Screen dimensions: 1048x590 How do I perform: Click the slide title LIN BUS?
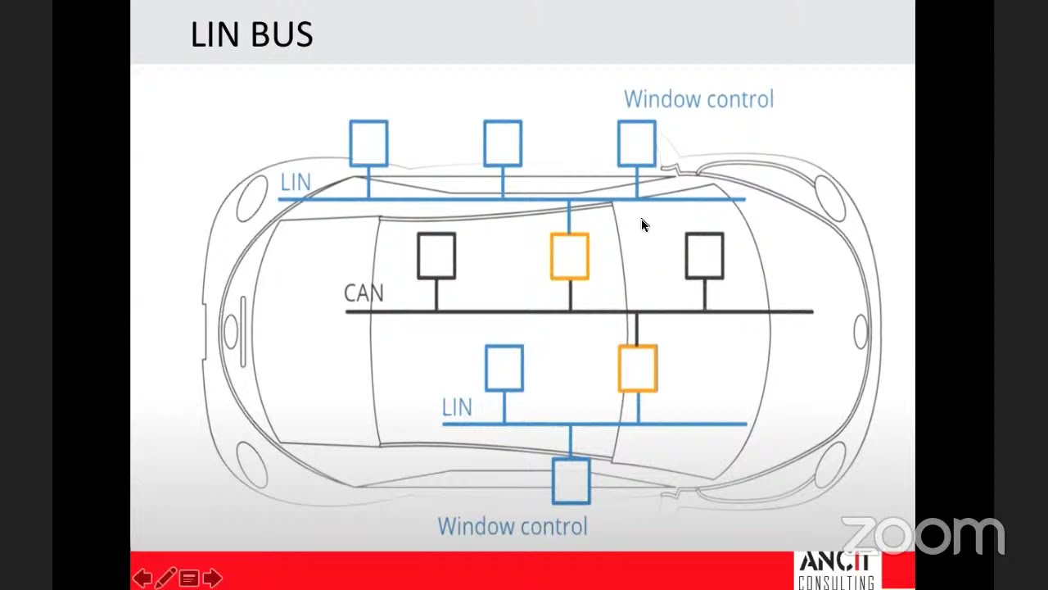pyautogui.click(x=251, y=34)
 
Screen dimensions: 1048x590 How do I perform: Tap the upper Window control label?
pyautogui.click(x=699, y=99)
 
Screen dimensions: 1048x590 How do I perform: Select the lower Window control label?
pyautogui.click(x=513, y=526)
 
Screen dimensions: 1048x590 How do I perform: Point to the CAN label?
pyautogui.click(x=364, y=293)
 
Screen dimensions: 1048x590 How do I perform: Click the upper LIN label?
pyautogui.click(x=296, y=182)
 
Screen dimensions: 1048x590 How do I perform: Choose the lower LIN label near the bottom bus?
pyautogui.click(x=457, y=407)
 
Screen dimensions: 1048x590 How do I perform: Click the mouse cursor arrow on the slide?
pyautogui.click(x=644, y=225)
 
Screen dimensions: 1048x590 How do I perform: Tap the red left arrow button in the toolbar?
pyautogui.click(x=142, y=579)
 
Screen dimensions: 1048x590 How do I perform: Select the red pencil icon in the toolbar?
pyautogui.click(x=165, y=578)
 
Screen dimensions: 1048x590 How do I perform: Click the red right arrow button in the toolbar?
pyautogui.click(x=212, y=579)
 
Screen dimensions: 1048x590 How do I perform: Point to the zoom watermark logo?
pyautogui.click(x=923, y=535)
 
